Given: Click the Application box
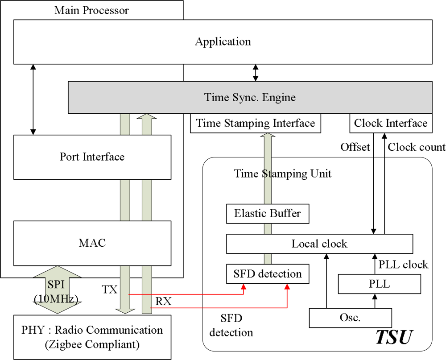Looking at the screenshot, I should point(223,42).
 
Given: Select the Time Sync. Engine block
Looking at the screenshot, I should point(250,97).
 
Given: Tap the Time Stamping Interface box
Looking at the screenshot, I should point(256,123).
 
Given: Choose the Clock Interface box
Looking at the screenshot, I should point(391,123).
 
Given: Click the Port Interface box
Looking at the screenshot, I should point(92,157).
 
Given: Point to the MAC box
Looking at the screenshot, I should point(92,243).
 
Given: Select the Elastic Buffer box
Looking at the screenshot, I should point(268,214).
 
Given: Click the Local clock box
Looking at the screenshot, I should point(319,244).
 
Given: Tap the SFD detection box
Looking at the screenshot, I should point(268,273).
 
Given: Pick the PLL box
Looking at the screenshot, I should point(379,284).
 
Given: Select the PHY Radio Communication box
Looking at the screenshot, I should point(92,337).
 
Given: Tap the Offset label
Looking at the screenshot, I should point(355,147).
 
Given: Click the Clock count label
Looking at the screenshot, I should point(416,147).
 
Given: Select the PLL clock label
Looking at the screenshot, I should point(403,265).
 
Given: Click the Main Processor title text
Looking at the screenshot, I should point(91,10).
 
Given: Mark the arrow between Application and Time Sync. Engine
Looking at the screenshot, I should point(256,72).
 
